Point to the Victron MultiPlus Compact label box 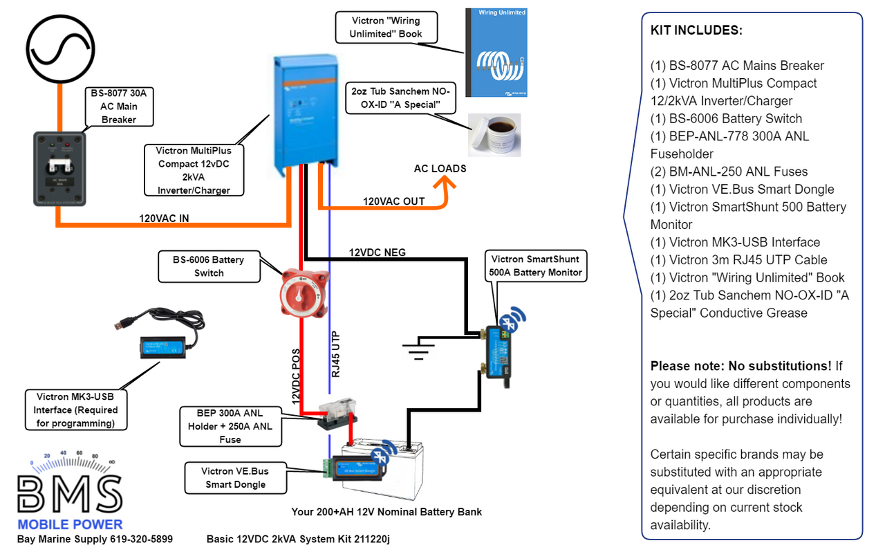(194, 170)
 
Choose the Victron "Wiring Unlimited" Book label (386, 27)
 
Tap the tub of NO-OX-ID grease (494, 135)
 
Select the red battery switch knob (301, 294)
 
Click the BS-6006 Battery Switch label (209, 266)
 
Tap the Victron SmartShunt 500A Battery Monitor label (536, 266)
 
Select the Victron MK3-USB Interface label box (77, 410)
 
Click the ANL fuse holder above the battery (334, 414)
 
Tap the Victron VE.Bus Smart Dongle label (235, 478)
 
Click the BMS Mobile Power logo (70, 490)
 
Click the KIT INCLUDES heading (696, 30)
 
